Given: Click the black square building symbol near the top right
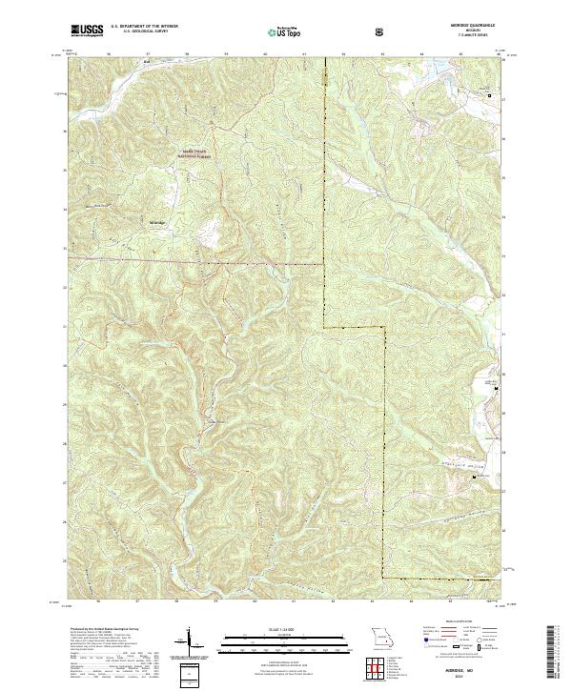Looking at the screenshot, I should point(490,96).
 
